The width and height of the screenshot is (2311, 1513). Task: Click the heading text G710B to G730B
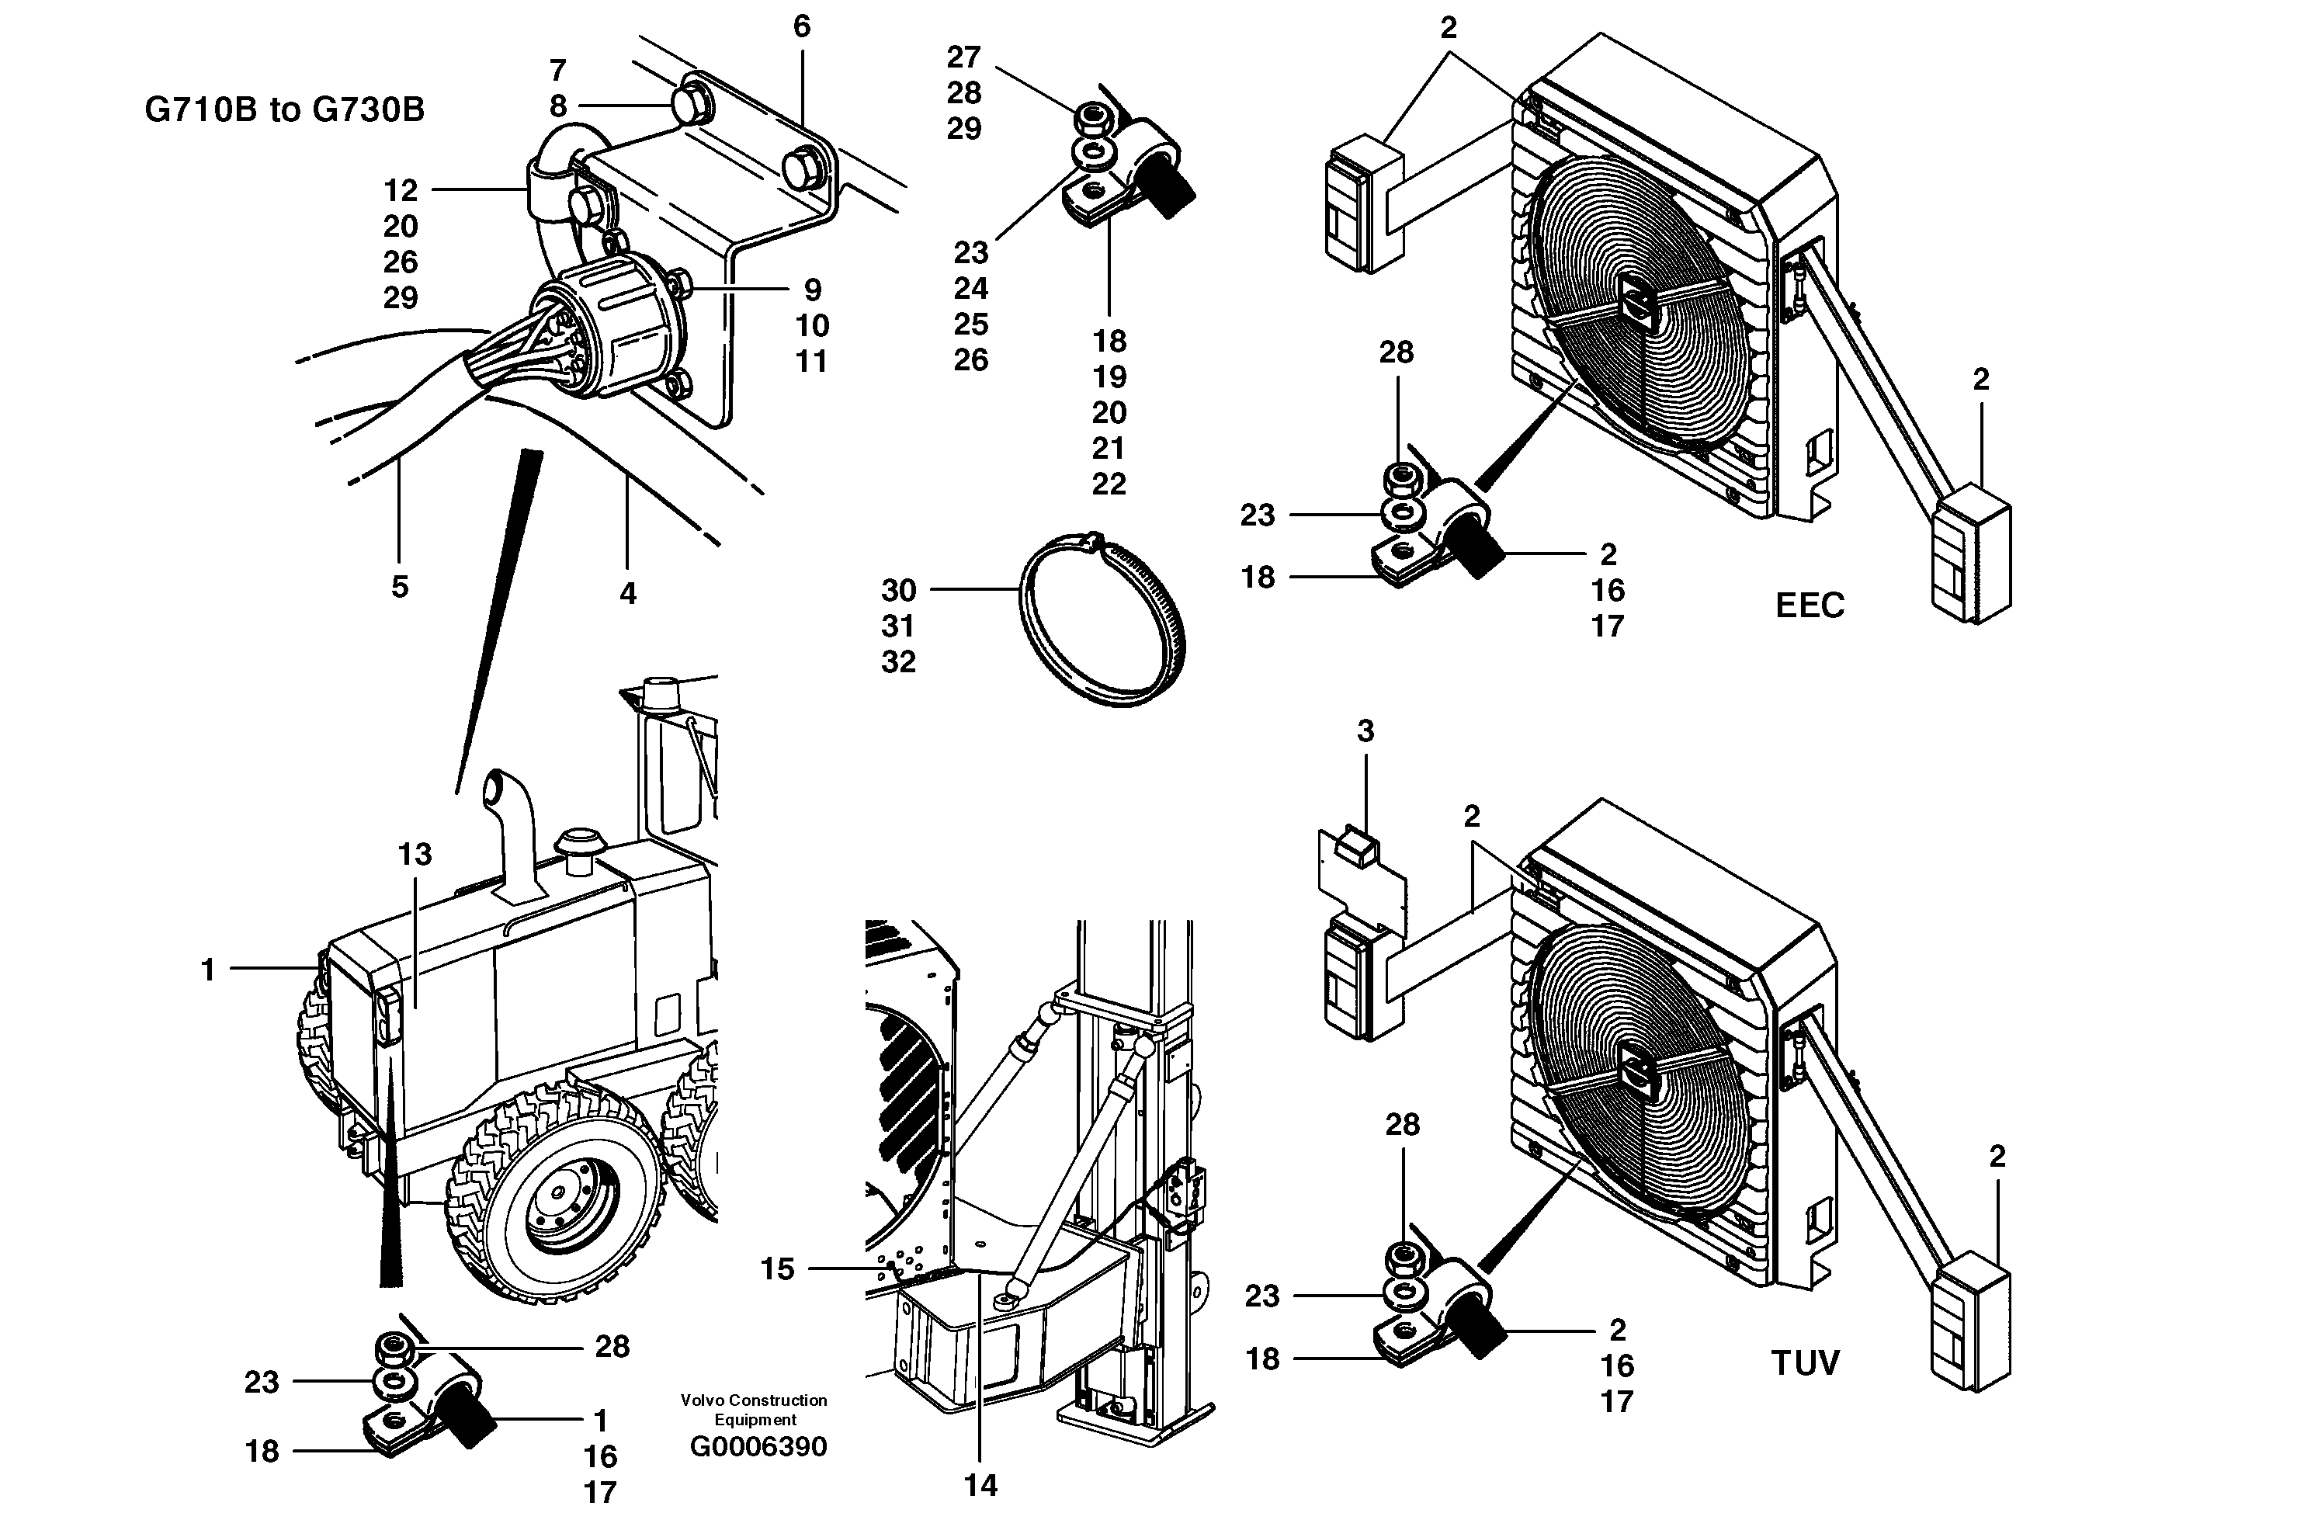click(x=284, y=109)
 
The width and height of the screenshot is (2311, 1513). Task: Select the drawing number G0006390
click(x=758, y=1447)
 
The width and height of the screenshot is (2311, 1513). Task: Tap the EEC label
click(x=1809, y=606)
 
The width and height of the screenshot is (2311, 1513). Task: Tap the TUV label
click(x=1805, y=1363)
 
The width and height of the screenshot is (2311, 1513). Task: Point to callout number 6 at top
click(x=801, y=26)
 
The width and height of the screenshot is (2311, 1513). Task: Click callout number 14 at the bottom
click(x=980, y=1485)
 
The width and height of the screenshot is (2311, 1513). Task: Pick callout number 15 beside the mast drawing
click(x=777, y=1268)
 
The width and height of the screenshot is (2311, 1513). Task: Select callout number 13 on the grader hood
click(x=415, y=855)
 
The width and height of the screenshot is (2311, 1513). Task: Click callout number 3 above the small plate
click(x=1365, y=731)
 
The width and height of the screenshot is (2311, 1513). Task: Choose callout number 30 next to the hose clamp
click(x=898, y=591)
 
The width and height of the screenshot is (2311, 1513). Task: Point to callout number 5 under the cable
click(x=399, y=587)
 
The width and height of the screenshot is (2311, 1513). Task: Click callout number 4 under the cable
click(x=627, y=593)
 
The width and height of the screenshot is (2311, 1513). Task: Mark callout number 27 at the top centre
click(x=964, y=57)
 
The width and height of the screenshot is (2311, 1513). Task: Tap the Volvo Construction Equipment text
click(x=754, y=1409)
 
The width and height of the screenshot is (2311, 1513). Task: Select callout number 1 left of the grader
click(x=206, y=969)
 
